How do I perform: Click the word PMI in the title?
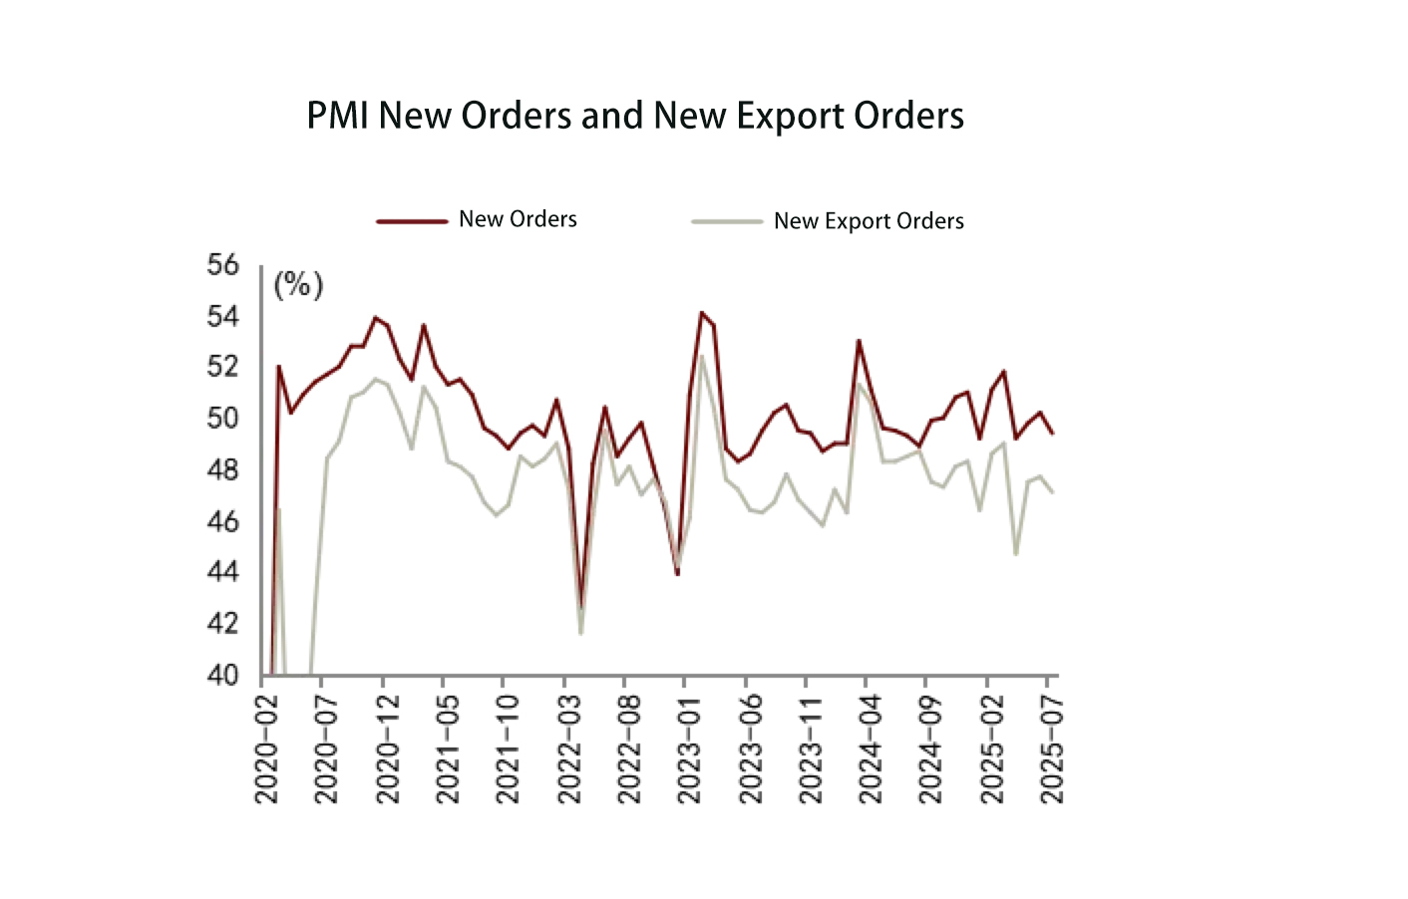coord(337,117)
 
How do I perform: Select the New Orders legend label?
coord(518,219)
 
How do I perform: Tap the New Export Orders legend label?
coord(869,221)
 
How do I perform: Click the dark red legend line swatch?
coord(411,221)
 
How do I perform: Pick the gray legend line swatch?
coord(727,221)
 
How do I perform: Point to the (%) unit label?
coord(298,286)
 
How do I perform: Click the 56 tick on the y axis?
coord(223,265)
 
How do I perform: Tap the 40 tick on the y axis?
coord(223,675)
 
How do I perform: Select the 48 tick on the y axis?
coord(223,469)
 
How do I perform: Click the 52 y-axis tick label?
coord(223,367)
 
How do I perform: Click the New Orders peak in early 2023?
coord(701,313)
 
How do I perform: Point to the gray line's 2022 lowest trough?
coord(580,633)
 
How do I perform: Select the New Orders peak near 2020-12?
coord(375,318)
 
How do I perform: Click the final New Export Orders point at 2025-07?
coord(1052,492)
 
